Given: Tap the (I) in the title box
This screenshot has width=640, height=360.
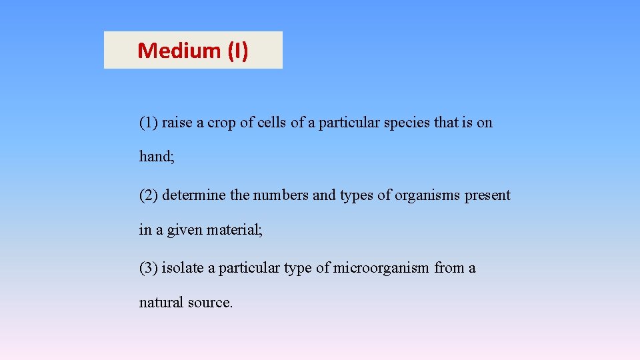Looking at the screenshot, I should point(237,51).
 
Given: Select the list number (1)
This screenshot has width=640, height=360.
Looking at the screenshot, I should point(149,123).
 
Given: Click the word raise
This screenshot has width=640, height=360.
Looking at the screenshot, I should point(177,123).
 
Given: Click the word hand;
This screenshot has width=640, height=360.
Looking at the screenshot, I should point(156,157).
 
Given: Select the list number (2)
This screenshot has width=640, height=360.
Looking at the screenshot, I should point(149,196).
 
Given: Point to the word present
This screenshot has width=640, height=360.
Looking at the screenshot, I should point(487,196).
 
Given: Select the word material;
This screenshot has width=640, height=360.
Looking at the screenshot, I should point(235,230).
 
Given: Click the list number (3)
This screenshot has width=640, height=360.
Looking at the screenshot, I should point(149,269).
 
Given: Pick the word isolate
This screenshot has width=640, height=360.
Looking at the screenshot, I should point(182,269).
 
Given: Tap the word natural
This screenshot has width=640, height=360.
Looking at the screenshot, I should point(161,303).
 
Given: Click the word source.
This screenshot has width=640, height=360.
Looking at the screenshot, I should point(210,303).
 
